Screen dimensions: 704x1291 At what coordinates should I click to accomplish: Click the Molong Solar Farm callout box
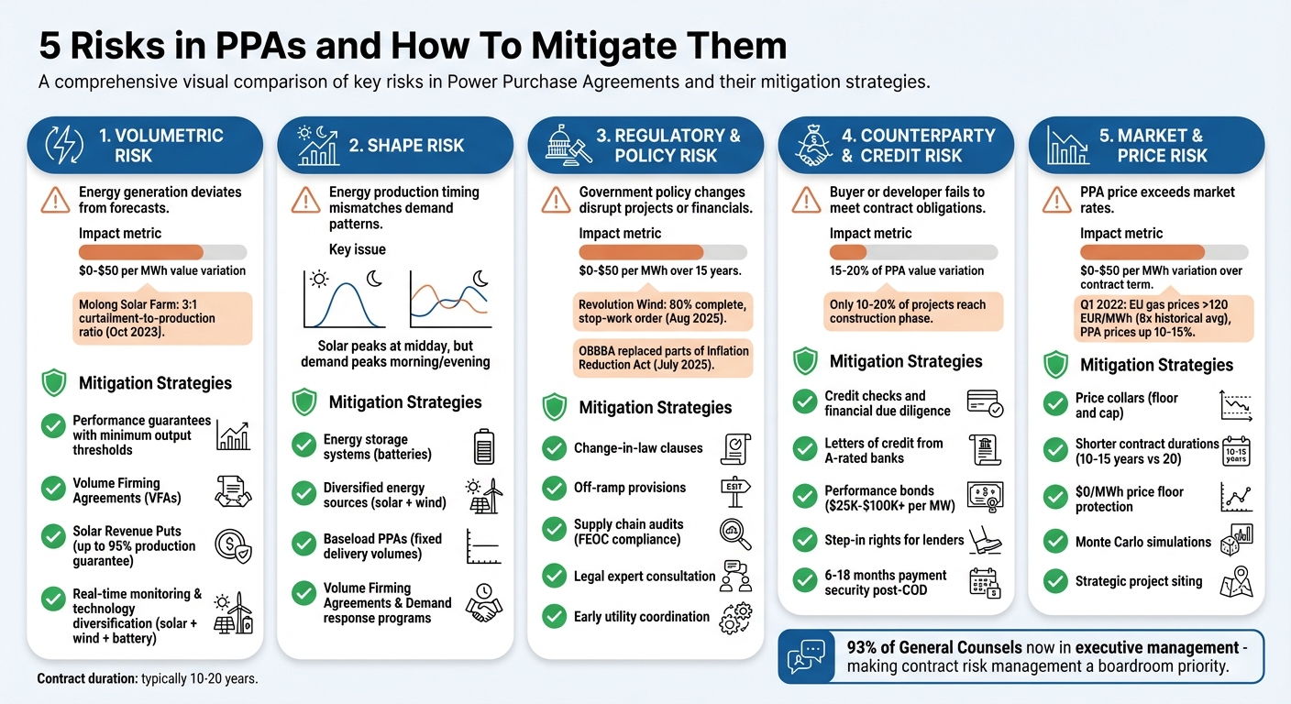[161, 318]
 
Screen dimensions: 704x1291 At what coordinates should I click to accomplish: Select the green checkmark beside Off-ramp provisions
[554, 488]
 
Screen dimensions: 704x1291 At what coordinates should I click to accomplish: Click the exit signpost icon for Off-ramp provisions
[736, 487]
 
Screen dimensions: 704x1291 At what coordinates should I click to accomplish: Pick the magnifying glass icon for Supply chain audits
[736, 532]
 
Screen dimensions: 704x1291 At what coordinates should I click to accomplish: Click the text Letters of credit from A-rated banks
[883, 450]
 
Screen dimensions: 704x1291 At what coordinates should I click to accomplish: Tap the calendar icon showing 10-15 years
[1236, 451]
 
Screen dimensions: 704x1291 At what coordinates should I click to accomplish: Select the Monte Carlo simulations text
[1142, 542]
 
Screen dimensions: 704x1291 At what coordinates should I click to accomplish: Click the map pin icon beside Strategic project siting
[1236, 582]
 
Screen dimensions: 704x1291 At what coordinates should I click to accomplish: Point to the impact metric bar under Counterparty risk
[913, 252]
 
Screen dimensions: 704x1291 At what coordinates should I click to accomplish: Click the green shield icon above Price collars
[1056, 364]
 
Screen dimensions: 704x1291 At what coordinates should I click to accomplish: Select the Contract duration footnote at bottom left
[148, 679]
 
